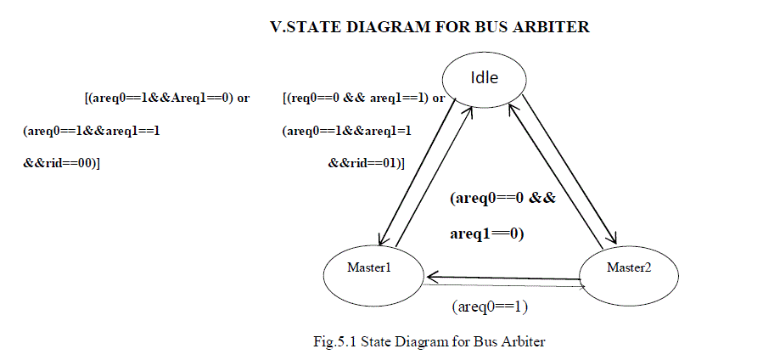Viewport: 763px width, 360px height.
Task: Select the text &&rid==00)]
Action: [x=62, y=162]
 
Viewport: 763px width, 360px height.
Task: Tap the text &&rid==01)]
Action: [x=366, y=162]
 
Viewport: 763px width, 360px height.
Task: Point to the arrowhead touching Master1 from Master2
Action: [x=431, y=277]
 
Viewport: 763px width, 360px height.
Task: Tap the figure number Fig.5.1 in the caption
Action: [x=334, y=342]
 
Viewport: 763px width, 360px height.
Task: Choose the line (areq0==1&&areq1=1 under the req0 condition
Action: [x=346, y=131]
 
